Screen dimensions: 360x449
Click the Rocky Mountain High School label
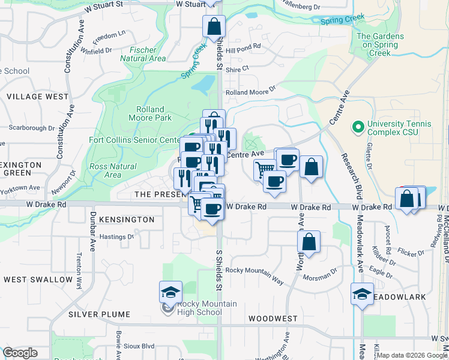pyautogui.click(x=199, y=308)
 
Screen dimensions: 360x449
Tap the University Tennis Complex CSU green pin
pyautogui.click(x=358, y=127)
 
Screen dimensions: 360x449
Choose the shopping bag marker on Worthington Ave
pyautogui.click(x=309, y=242)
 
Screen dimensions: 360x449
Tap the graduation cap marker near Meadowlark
pyautogui.click(x=362, y=295)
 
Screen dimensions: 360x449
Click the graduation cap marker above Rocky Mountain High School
pyautogui.click(x=170, y=292)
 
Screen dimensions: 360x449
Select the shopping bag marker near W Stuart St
pyautogui.click(x=213, y=26)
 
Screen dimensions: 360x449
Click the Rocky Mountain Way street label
pyautogui.click(x=255, y=271)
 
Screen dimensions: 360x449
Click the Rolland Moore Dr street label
pyautogui.click(x=250, y=92)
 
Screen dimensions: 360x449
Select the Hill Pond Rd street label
pyautogui.click(x=243, y=46)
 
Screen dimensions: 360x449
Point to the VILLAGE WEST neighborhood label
pyautogui.click(x=37, y=97)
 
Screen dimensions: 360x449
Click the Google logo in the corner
pyautogui.click(x=20, y=353)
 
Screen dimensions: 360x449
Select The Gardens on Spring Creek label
pyautogui.click(x=381, y=44)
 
